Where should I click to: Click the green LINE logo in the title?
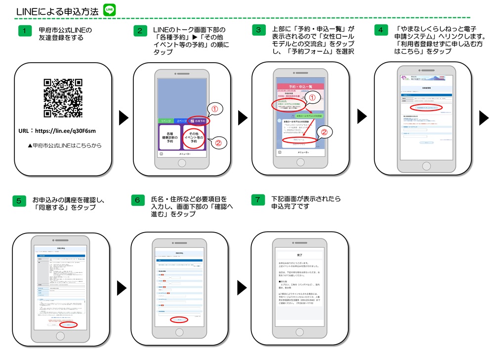point(110,9)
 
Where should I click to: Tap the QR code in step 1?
point(62,98)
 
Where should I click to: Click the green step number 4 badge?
point(380,30)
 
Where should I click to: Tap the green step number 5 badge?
point(19,200)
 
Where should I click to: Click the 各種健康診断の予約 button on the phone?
point(169,138)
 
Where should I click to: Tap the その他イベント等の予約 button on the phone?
point(193,138)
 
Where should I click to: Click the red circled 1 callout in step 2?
point(214,109)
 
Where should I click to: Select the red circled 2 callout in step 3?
point(325,132)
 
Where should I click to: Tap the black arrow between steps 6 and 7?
point(242,287)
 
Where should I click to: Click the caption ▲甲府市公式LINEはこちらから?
point(64,146)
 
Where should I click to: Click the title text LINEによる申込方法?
point(57,11)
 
